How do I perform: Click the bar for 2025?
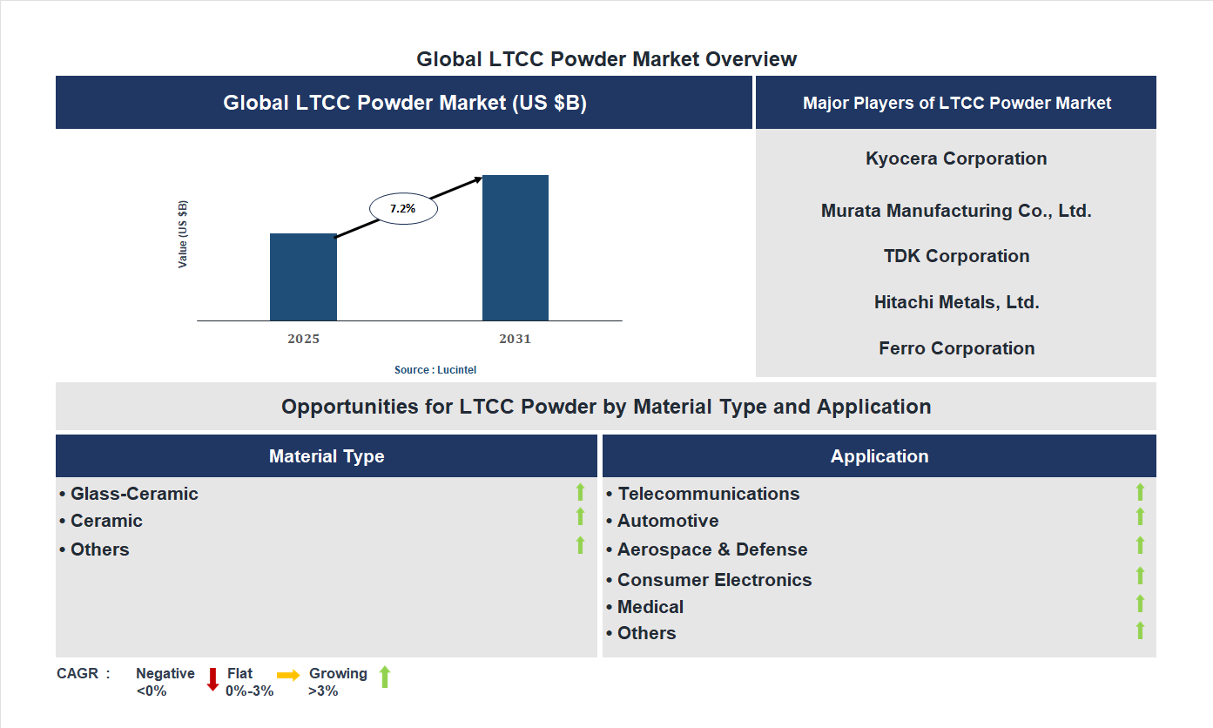tap(303, 277)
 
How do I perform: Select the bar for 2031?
tap(516, 248)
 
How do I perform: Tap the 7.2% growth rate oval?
tap(403, 209)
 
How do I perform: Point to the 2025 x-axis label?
tap(303, 339)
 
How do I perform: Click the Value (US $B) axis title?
tap(183, 234)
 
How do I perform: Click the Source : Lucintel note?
tap(435, 370)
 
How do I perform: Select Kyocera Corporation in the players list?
tap(956, 158)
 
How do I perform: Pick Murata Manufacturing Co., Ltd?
tap(956, 211)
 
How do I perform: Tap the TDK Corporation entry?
tap(956, 256)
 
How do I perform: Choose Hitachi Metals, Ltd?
tap(956, 302)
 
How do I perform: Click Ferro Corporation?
tap(956, 348)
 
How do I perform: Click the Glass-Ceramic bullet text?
tap(134, 494)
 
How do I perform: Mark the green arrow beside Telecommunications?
tap(1140, 493)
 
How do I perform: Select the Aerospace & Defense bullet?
tap(711, 549)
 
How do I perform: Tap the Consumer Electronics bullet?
tap(714, 580)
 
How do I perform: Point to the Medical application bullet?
tap(650, 607)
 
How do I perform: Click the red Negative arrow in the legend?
tap(212, 679)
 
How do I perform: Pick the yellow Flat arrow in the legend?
tap(288, 675)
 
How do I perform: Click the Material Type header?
tap(327, 456)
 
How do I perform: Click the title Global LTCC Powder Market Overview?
tap(606, 59)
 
